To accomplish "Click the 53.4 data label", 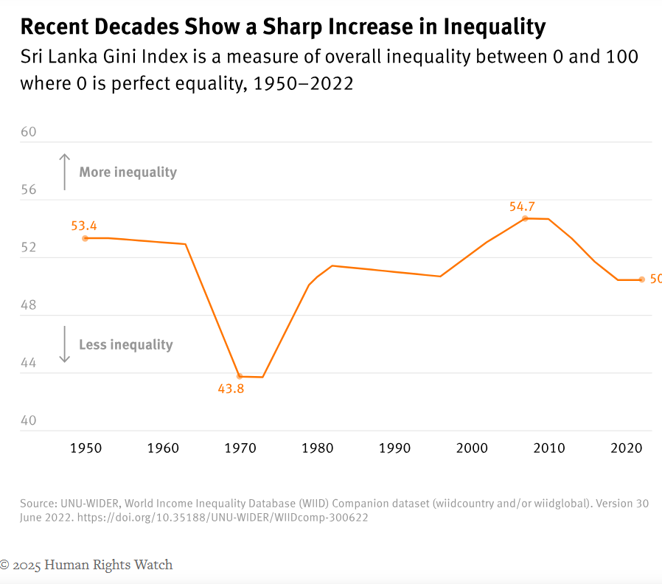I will pos(84,226).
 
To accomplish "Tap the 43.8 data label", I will pos(231,389).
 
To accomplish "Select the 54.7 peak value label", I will pos(522,206).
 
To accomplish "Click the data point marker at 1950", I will pos(86,238).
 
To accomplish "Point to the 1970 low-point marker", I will pos(239,377).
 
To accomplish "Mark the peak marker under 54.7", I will pos(525,218).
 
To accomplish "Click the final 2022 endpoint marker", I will pos(641,279).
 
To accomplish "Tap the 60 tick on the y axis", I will pos(28,132).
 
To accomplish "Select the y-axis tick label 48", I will pos(28,305).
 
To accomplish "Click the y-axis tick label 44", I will pos(28,363).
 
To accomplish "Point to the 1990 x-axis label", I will pos(394,448).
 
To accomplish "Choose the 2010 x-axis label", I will pos(548,448).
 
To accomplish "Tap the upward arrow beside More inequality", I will pos(65,171).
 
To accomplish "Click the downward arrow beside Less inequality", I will pos(65,344).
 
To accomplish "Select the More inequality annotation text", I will pos(128,173).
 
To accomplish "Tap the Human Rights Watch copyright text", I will pos(86,565).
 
